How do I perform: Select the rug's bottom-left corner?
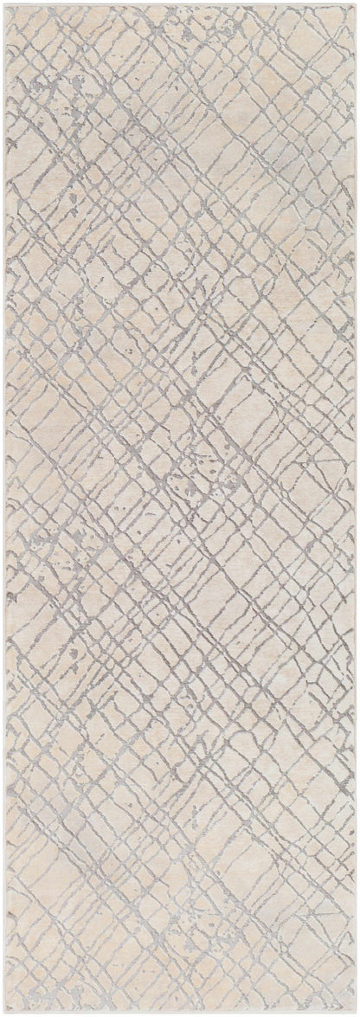click(x=4, y=1012)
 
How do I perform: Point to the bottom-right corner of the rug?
click(x=355, y=1012)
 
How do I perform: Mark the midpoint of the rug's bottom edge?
click(x=180, y=1012)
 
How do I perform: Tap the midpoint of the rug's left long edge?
click(x=4, y=509)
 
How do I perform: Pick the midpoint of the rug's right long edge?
click(x=355, y=509)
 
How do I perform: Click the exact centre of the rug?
click(x=180, y=509)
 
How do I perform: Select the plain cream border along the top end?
click(x=180, y=9)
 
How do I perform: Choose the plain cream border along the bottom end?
click(x=180, y=1007)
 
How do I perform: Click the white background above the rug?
click(x=180, y=2)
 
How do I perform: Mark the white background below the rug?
click(x=180, y=1015)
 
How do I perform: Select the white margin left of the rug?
click(x=2, y=509)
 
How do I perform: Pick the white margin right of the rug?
click(x=358, y=509)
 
